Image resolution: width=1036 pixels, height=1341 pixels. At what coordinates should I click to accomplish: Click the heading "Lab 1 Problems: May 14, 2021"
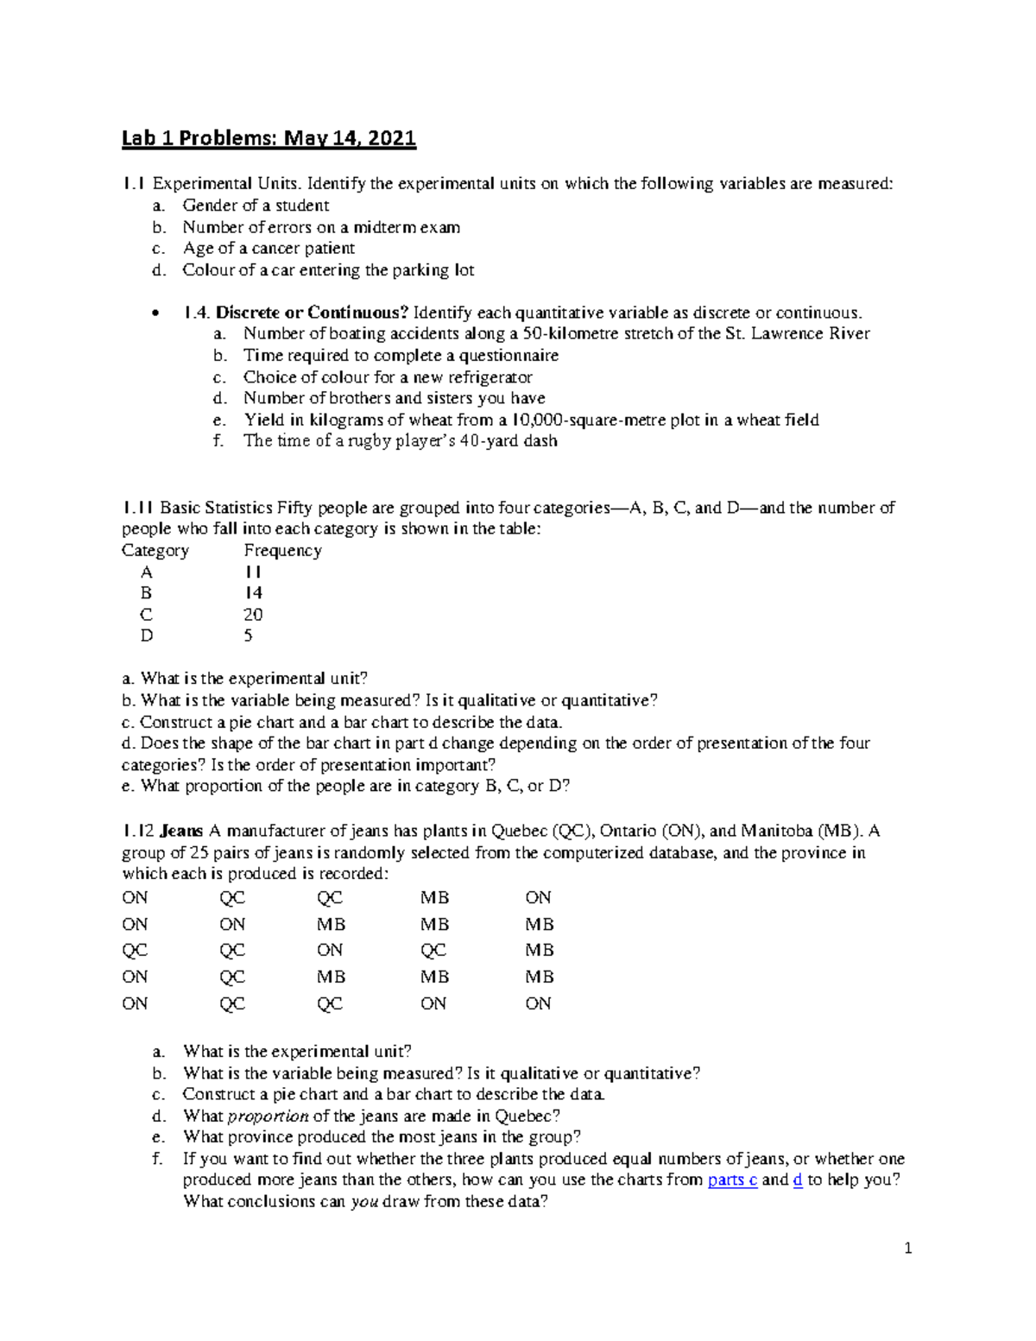268,138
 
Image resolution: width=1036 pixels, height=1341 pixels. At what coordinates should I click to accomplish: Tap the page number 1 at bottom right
907,1248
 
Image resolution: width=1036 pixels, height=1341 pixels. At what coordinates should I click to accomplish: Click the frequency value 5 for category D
249,636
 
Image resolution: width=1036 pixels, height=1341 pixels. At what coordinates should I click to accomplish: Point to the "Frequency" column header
282,551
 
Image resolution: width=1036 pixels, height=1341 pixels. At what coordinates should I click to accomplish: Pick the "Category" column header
155,551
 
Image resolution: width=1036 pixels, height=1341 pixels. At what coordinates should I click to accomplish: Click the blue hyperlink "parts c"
732,1180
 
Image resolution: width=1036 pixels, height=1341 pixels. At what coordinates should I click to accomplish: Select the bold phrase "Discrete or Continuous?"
312,313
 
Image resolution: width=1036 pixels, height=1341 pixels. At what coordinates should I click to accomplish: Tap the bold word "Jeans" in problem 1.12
182,832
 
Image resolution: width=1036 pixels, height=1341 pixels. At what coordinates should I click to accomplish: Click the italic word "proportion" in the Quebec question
268,1116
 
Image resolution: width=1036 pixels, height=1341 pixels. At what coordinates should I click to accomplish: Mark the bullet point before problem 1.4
155,313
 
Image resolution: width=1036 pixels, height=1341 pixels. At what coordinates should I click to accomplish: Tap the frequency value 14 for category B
253,593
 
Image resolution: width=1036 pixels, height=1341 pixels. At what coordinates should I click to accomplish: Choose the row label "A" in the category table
147,572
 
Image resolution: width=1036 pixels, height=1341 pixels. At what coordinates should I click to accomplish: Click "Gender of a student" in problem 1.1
256,206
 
